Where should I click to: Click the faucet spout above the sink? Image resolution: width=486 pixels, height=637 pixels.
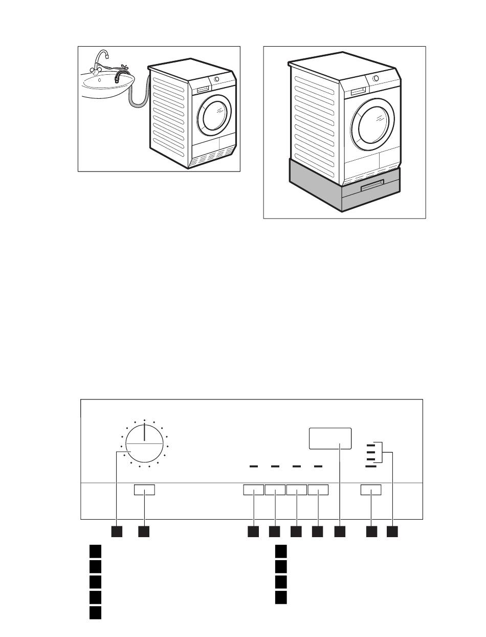(103, 55)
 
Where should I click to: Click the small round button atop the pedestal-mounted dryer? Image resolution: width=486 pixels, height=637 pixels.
(377, 78)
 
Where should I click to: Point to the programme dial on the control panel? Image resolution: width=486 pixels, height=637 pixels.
(145, 444)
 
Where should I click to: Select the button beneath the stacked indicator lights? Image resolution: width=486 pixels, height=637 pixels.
(371, 491)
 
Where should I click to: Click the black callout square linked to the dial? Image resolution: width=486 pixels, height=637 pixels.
(117, 532)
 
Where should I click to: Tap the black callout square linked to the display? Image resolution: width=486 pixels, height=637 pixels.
(340, 532)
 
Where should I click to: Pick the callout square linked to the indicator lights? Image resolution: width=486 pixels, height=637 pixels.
(392, 532)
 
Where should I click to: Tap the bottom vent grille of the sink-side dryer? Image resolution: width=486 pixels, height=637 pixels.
(211, 159)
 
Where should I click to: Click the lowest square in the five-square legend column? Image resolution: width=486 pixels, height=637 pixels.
(95, 613)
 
